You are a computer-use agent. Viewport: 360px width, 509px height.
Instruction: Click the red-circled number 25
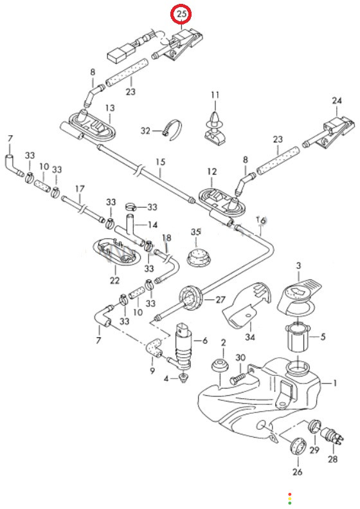182,14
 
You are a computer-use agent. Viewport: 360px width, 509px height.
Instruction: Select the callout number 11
215,95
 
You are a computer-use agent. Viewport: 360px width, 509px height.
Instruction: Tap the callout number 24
337,100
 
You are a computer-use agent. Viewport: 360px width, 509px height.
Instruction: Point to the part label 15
161,162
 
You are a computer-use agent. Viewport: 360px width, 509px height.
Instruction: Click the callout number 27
221,299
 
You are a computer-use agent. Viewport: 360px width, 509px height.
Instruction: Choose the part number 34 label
250,337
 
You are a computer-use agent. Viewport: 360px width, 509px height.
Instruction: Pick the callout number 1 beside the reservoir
335,384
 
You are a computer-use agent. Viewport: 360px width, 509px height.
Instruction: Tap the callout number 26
298,472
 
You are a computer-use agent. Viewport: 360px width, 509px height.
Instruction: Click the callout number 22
114,280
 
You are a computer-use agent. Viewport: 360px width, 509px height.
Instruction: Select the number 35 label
196,232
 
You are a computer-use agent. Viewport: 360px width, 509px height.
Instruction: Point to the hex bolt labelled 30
238,378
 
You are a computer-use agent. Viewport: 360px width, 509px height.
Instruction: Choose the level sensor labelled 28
332,436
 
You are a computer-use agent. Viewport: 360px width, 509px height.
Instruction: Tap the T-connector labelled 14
130,230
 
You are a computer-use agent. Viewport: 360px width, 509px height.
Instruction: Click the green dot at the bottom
290,503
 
